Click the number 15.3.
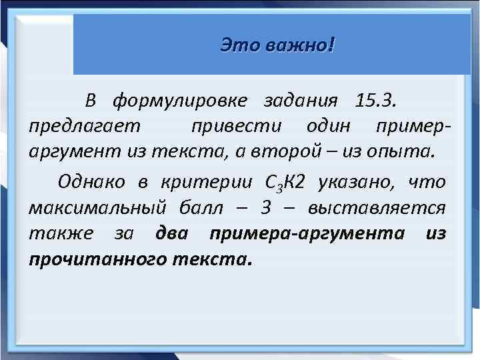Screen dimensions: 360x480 point(377,101)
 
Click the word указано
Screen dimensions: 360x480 point(357,181)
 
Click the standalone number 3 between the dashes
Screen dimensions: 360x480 point(265,207)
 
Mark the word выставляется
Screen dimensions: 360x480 point(377,207)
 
